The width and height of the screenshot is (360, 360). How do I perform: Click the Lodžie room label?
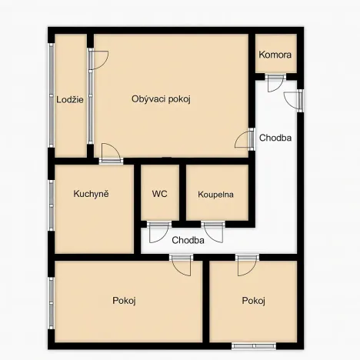coord(70,99)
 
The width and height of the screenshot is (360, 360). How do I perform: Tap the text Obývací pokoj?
coord(161,98)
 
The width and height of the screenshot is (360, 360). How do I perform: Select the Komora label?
coord(275,55)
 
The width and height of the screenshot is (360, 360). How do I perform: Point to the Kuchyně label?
coord(91,194)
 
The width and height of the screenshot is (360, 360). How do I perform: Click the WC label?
coord(160,194)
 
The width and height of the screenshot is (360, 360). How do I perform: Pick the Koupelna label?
coord(216,195)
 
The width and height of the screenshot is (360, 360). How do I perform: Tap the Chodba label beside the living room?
coord(275,139)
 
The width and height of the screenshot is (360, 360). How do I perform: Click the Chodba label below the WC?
coord(188,240)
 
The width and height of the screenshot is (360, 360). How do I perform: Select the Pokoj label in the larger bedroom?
coord(124,300)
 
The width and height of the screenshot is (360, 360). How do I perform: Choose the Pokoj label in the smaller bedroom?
coord(253,300)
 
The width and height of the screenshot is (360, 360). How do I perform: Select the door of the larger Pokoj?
coord(182,263)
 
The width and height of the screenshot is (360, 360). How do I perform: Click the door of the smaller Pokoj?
coord(247,264)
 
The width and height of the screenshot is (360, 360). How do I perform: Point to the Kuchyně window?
coord(51,205)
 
